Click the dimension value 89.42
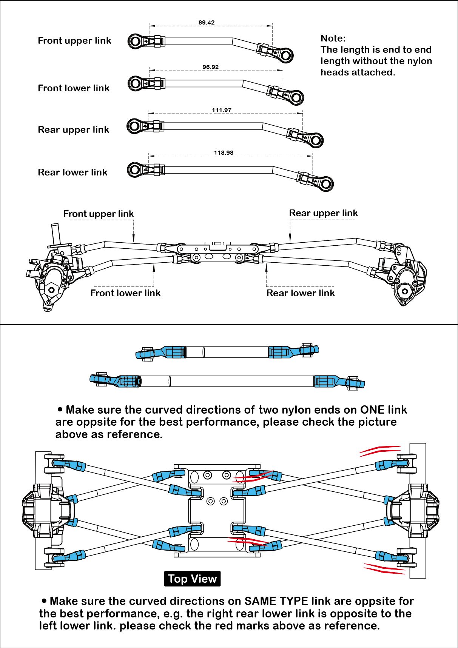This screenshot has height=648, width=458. pos(207,23)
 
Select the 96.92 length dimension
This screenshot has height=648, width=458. pos(210,67)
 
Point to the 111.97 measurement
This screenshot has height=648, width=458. pos(222,110)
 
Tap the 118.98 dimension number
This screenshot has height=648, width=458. pos(224,153)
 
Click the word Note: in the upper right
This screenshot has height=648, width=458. pos(333,38)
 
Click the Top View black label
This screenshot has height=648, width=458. pos(192,579)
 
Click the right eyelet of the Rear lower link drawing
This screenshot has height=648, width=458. pos(326,184)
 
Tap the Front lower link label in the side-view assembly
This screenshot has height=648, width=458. pos(125,293)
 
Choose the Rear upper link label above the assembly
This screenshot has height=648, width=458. pos(323,213)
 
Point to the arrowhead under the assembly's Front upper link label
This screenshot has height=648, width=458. pos(134,239)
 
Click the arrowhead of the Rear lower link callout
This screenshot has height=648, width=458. pos(267,268)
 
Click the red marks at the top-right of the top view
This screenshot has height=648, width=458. pos(379,450)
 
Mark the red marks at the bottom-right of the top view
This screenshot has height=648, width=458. pos(383,568)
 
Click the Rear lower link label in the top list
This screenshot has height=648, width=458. pos(72,172)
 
